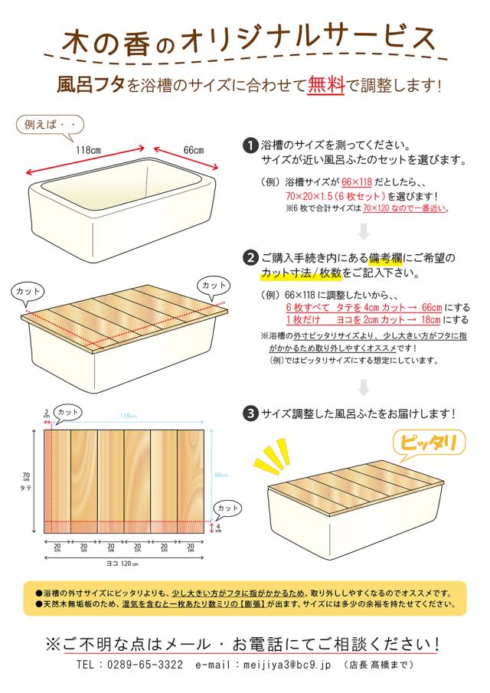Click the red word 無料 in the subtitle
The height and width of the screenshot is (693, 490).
pyautogui.click(x=326, y=84)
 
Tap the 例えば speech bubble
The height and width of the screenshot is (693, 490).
pyautogui.click(x=50, y=125)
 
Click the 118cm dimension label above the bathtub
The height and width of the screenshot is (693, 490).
pyautogui.click(x=88, y=150)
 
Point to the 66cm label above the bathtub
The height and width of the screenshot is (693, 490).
pyautogui.click(x=194, y=150)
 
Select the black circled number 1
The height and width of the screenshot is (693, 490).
pyautogui.click(x=251, y=145)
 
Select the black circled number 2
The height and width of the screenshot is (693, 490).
pyautogui.click(x=251, y=258)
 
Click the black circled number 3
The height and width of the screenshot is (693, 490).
pyautogui.click(x=251, y=414)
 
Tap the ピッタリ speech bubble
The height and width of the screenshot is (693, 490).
pyautogui.click(x=428, y=443)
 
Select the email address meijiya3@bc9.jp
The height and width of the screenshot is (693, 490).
pyautogui.click(x=287, y=665)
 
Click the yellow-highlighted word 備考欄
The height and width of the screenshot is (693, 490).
pyautogui.click(x=385, y=258)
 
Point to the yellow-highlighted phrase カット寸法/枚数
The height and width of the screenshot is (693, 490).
pyautogui.click(x=302, y=273)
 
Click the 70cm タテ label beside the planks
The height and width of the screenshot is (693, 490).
pyautogui.click(x=26, y=482)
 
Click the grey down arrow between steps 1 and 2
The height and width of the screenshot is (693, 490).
pyautogui.click(x=364, y=232)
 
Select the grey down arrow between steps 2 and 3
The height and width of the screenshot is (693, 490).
pyautogui.click(x=364, y=387)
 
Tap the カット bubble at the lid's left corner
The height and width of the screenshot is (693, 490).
pyautogui.click(x=28, y=293)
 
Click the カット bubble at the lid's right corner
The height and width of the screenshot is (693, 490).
pyautogui.click(x=214, y=286)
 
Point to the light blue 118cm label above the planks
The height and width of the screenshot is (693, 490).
pyautogui.click(x=128, y=416)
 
